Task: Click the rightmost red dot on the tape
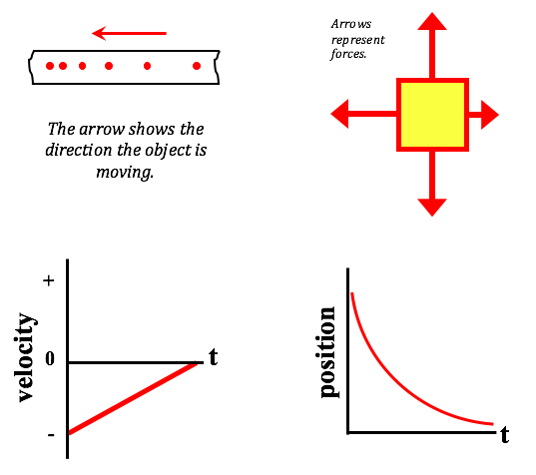(x=197, y=66)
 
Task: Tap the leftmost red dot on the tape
(x=50, y=66)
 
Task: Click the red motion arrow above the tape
(x=129, y=33)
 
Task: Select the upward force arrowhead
(x=432, y=21)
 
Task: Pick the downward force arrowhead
(x=432, y=208)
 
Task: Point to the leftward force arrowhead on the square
(x=339, y=114)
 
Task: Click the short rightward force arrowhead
(x=490, y=115)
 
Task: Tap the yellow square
(x=432, y=115)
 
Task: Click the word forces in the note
(x=348, y=54)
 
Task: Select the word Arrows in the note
(x=351, y=24)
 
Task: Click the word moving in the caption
(x=125, y=172)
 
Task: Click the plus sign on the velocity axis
(x=49, y=280)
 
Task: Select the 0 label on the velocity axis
(x=50, y=358)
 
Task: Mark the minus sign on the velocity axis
(x=51, y=435)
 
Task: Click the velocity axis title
(x=25, y=357)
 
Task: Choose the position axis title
(x=327, y=352)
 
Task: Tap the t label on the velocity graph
(x=214, y=357)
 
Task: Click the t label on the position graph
(x=504, y=434)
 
